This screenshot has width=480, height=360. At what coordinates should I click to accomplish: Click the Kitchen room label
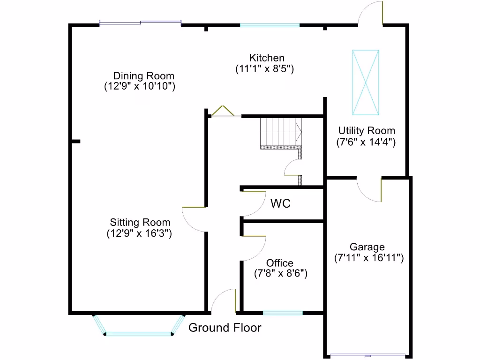point(267,58)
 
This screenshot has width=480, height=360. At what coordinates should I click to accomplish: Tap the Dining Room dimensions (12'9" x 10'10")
point(140,86)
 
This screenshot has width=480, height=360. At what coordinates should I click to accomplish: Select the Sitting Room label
point(140,222)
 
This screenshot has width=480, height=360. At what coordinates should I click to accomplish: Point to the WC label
point(280,203)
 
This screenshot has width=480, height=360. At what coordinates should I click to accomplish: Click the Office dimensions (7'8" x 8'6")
point(280,273)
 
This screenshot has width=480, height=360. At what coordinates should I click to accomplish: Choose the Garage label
point(367,247)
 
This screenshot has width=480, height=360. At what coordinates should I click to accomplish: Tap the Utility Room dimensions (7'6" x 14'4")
point(366,142)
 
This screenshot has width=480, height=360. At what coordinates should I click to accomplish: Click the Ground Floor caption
point(225,328)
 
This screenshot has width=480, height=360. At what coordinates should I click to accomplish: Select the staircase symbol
point(281,134)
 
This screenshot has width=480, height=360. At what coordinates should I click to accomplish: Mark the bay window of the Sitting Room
point(139,330)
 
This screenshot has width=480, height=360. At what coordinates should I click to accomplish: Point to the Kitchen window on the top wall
point(270,25)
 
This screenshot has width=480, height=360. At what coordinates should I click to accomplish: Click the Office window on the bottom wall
point(283,313)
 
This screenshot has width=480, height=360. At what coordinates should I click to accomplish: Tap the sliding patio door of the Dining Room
point(140,22)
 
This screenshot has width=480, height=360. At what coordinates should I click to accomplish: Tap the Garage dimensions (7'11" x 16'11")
point(368,257)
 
